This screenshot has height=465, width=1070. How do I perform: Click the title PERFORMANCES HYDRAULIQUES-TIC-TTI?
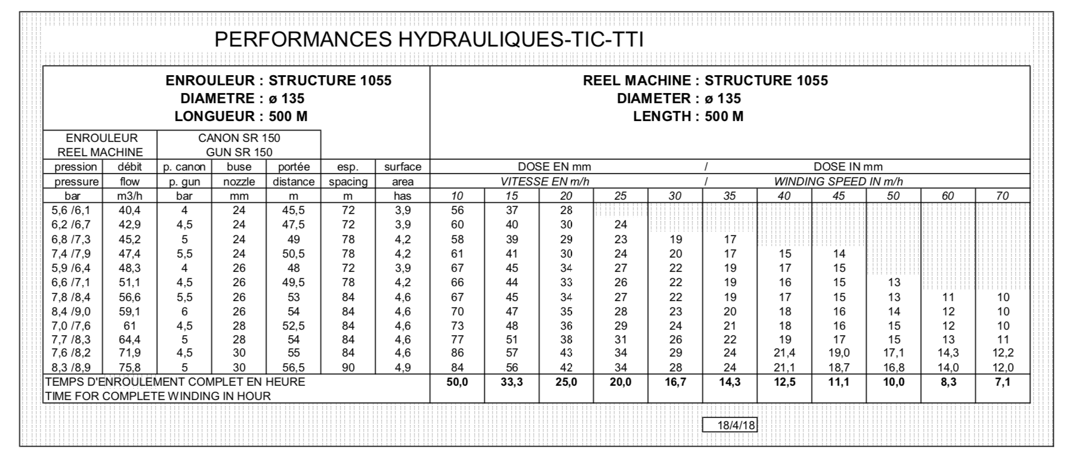coord(428,39)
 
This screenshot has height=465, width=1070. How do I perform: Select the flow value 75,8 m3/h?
coord(129,368)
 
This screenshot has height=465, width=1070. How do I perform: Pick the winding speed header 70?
coord(1003,196)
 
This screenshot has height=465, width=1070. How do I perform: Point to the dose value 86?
coord(457,354)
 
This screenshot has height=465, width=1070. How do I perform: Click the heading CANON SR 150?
coord(239,138)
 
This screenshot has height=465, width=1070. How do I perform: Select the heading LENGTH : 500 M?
coord(688,117)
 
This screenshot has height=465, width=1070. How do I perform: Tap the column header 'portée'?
coord(293,167)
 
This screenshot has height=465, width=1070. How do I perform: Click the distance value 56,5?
coord(293,368)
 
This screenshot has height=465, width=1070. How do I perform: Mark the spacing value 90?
coord(348,368)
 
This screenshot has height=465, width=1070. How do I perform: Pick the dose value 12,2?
coord(1003,354)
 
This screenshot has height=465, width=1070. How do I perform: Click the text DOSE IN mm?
coord(848,167)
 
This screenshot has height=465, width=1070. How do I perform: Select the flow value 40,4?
coord(129,210)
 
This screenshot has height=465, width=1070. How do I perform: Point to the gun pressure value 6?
coord(184,311)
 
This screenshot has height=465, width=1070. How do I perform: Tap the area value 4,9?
coord(403,368)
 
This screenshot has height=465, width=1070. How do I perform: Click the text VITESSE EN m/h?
coord(545,182)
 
